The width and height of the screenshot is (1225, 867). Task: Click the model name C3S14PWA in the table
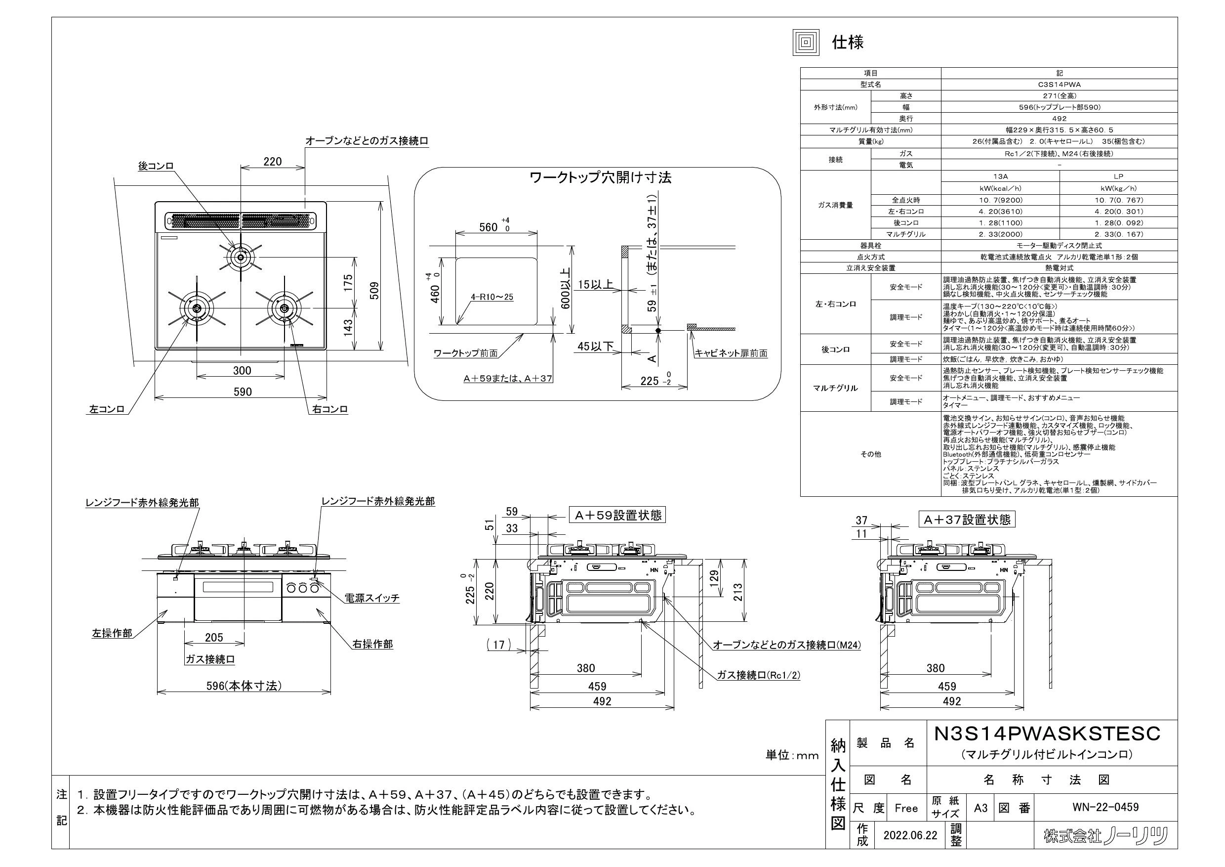(1059, 85)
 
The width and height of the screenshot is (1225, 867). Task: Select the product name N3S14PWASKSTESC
(1047, 734)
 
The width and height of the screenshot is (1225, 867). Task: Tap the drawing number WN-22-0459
(1105, 807)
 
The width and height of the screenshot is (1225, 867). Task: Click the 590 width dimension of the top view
(242, 392)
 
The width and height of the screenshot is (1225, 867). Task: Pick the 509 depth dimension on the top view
(374, 291)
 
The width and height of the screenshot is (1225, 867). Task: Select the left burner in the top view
(196, 308)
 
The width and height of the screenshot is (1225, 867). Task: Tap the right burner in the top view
(284, 308)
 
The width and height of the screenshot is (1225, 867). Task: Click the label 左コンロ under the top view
(107, 409)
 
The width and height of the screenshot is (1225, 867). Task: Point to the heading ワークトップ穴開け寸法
(600, 178)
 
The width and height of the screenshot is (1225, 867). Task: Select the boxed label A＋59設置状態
(617, 515)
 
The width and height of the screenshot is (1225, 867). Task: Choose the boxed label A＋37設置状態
(966, 520)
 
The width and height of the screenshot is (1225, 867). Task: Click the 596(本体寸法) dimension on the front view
(244, 686)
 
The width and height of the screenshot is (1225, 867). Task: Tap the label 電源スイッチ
(372, 598)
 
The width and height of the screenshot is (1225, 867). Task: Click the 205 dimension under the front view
(214, 638)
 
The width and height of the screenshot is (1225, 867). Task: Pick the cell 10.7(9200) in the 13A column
(1000, 200)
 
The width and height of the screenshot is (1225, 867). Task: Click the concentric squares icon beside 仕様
(806, 42)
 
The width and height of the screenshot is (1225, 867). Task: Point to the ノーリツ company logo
(1106, 835)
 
